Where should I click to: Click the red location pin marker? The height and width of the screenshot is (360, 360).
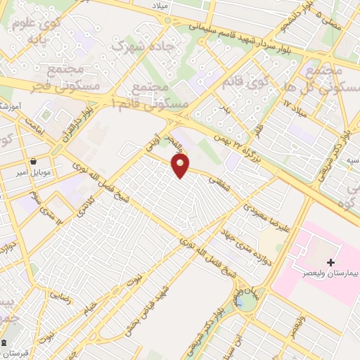coord(181,165)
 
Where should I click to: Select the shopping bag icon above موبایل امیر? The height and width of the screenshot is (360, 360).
coord(34,160)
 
